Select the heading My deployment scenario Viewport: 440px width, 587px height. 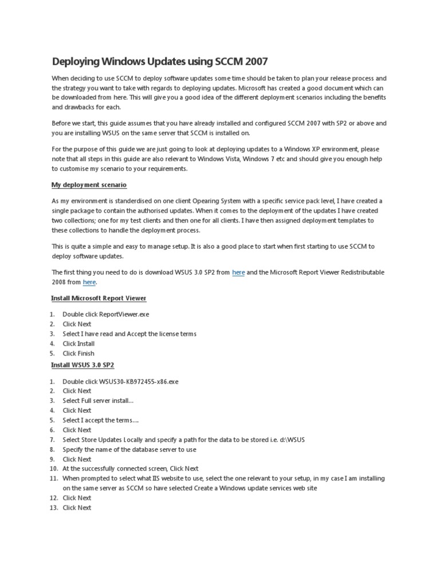[x=89, y=185]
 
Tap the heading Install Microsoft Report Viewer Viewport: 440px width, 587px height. [x=99, y=298]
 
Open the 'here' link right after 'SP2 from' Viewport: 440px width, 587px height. [x=238, y=272]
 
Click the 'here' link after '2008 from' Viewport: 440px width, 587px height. [x=89, y=282]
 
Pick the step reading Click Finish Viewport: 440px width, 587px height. [x=78, y=353]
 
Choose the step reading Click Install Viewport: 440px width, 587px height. [x=78, y=343]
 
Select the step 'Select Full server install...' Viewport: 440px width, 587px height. [x=98, y=401]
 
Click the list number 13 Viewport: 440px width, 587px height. [x=53, y=508]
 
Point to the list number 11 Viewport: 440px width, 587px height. [x=53, y=478]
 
